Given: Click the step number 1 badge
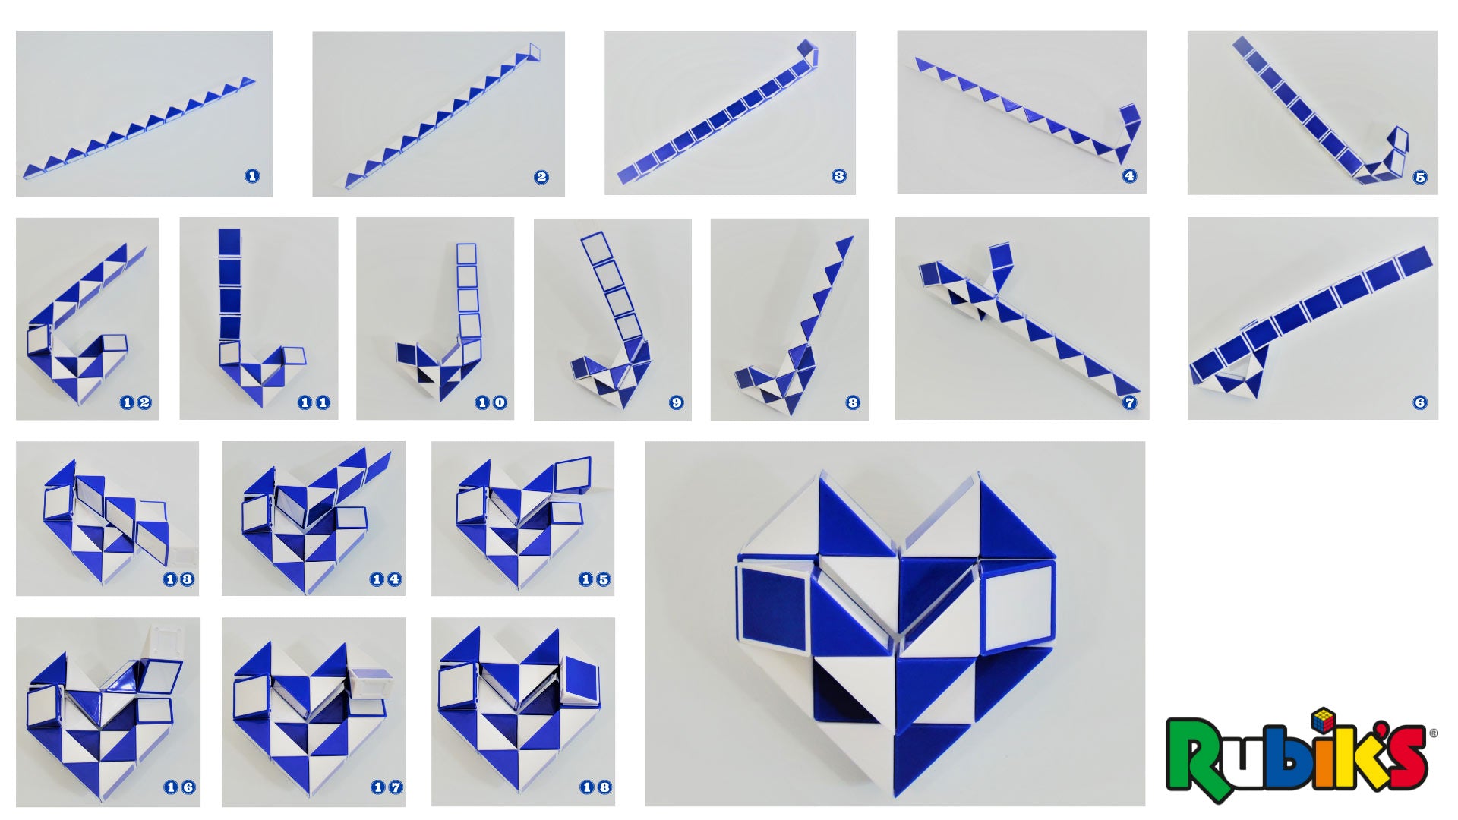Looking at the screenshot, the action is [x=252, y=176].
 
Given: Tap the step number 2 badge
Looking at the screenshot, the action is [x=541, y=177].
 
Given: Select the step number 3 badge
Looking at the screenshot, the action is [x=838, y=176].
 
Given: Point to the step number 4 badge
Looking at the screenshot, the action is [x=1129, y=176].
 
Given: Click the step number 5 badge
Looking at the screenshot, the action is [x=1420, y=178].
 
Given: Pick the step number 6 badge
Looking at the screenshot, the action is [x=1420, y=402].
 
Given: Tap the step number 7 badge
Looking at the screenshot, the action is [x=1129, y=402].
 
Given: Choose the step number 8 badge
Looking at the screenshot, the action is [x=853, y=402].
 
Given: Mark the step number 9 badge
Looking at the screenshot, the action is [x=676, y=402].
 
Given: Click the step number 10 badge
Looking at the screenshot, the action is [x=491, y=402].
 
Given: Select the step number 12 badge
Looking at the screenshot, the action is [x=136, y=402].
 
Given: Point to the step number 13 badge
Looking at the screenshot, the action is [x=178, y=579].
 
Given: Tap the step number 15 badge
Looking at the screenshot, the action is [x=595, y=579].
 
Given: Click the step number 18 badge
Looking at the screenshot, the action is [x=596, y=787].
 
